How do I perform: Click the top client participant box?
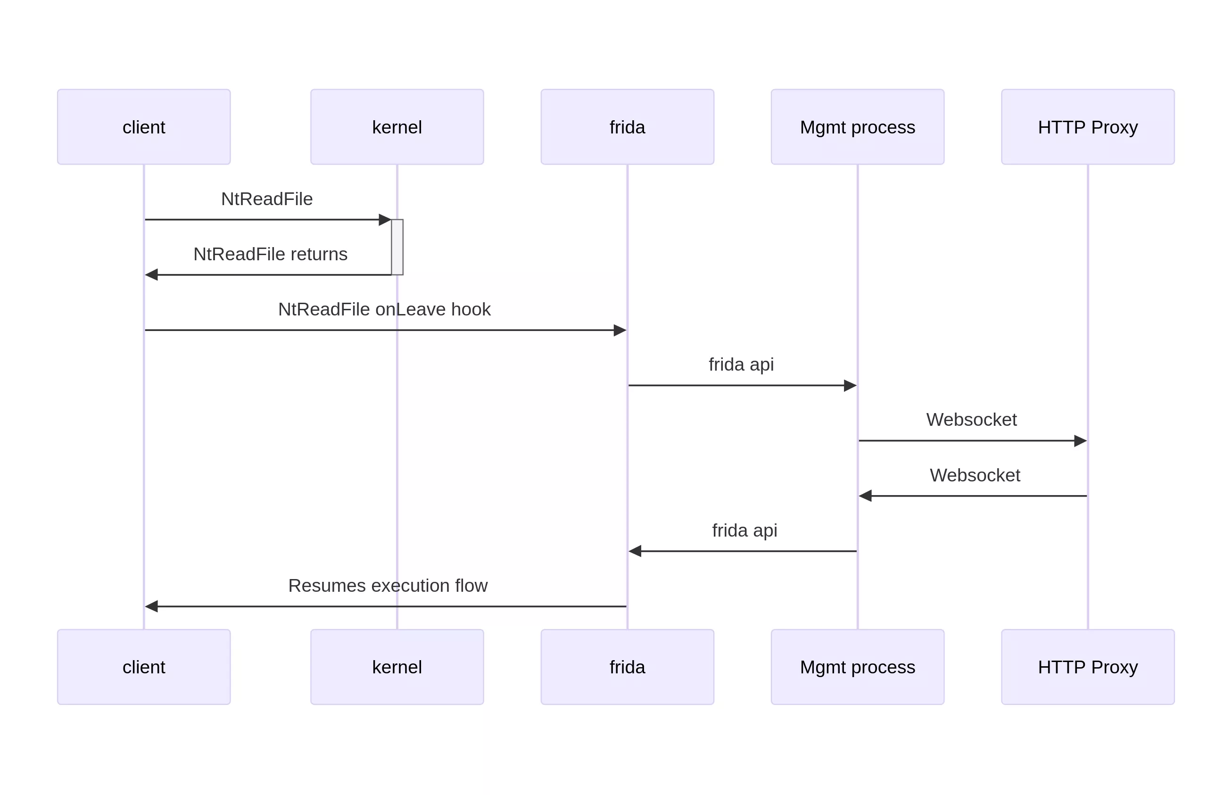point(143,127)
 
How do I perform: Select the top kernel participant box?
point(397,127)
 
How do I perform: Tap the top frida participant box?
point(627,127)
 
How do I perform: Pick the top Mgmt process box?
point(857,127)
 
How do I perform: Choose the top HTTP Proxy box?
point(1087,127)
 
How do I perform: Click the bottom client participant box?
point(143,666)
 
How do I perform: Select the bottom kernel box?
point(397,666)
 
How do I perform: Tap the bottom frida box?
point(627,666)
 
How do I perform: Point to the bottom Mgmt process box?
point(857,666)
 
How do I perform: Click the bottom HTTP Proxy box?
point(1087,666)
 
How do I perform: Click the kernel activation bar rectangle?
point(397,247)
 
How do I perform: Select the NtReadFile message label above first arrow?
point(266,199)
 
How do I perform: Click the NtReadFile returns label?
point(270,254)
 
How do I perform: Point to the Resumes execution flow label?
point(387,586)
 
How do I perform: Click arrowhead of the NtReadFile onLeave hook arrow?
point(620,331)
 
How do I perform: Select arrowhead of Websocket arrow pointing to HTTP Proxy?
point(1080,441)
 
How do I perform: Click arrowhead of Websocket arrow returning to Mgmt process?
point(866,496)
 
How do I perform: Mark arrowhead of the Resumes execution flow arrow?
point(152,606)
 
